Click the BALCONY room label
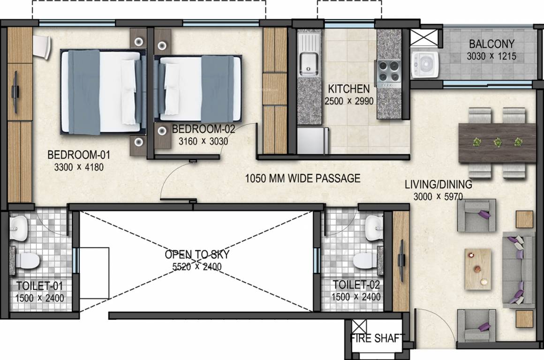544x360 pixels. tap(492, 44)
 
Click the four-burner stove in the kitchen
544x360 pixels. tap(388, 72)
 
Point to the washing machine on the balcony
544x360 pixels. tap(424, 65)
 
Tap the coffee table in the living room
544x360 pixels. tap(478, 268)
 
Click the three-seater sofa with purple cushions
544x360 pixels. tap(518, 270)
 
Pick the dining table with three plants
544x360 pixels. tap(497, 142)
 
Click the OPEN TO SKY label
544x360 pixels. tap(196, 255)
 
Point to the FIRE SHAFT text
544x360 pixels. tap(376, 338)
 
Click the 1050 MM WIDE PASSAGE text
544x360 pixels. tap(303, 178)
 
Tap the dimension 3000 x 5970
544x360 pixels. tap(438, 196)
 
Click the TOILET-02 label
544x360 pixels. tap(356, 285)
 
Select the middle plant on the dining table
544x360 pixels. tap(497, 142)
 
